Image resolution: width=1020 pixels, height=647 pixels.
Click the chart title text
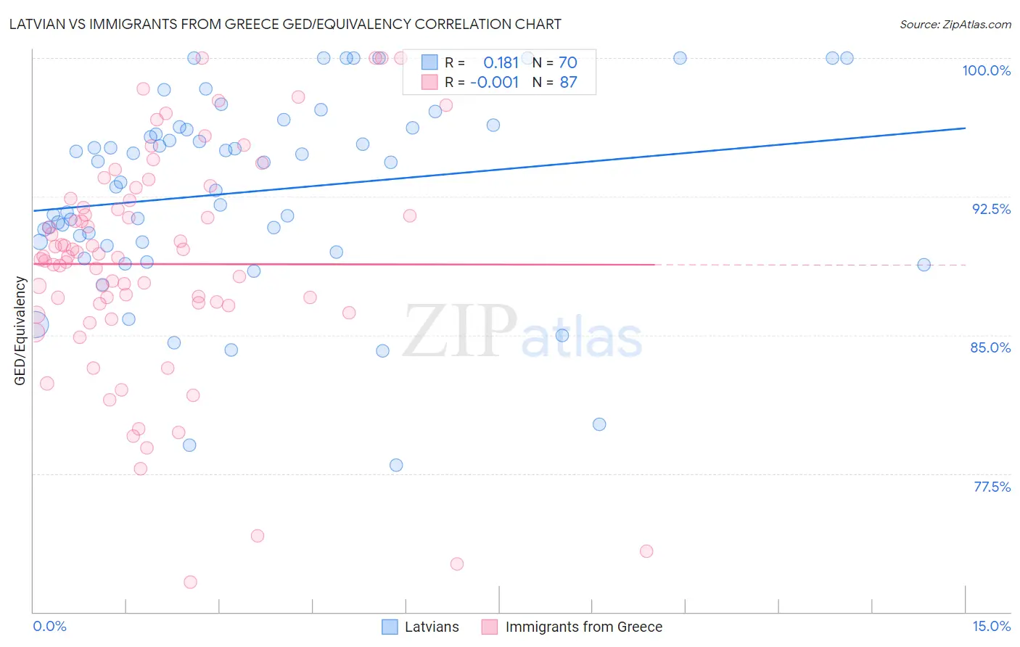click(285, 25)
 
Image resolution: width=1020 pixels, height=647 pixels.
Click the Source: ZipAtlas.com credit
click(955, 25)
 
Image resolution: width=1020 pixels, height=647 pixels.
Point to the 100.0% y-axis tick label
click(986, 70)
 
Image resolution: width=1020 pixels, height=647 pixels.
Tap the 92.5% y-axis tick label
click(991, 209)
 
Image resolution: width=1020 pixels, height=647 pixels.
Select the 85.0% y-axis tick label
click(990, 347)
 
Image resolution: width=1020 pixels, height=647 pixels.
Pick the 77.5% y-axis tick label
click(992, 487)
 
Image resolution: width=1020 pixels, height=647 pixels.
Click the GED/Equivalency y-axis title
click(20, 331)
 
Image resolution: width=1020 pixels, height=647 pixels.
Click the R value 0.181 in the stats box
click(501, 63)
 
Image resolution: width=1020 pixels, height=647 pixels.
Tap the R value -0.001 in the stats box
click(494, 83)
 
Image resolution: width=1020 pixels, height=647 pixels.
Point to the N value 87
click(568, 83)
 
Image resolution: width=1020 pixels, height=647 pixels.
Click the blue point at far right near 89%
click(924, 265)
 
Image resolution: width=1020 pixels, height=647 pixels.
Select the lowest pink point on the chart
click(190, 582)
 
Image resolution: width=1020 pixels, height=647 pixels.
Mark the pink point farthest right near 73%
click(646, 551)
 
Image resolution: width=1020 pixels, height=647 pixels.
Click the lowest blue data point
click(396, 465)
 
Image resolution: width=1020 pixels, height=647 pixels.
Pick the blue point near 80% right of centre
click(599, 424)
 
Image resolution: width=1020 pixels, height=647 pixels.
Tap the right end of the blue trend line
click(965, 128)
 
